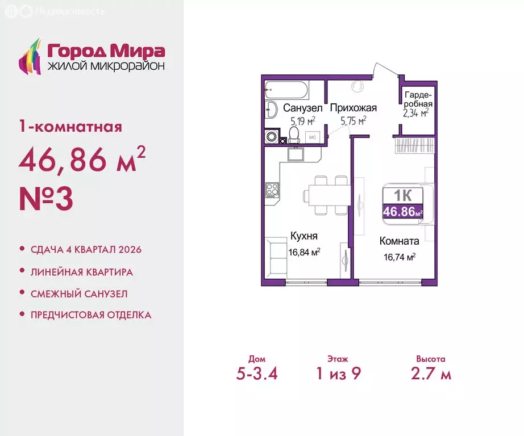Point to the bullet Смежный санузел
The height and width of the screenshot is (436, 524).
click(x=79, y=294)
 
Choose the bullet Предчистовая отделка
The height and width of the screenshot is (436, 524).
click(x=91, y=315)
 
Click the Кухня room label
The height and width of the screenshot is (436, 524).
click(x=303, y=236)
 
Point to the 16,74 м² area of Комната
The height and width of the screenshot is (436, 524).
click(x=400, y=257)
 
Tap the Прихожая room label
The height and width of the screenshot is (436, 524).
click(x=354, y=108)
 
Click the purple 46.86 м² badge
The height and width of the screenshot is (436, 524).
click(x=403, y=212)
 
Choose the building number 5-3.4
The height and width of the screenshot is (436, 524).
click(x=256, y=374)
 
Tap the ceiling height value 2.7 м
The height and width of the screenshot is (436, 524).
click(x=430, y=374)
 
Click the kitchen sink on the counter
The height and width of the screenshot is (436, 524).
click(x=297, y=154)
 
